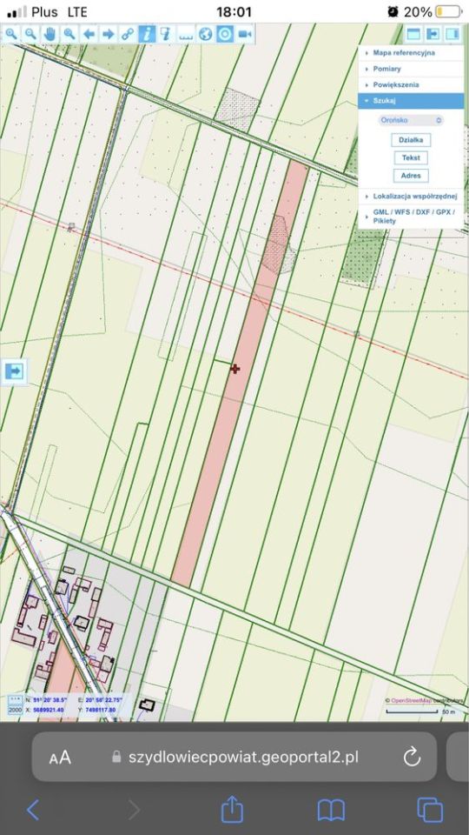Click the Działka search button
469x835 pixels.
tap(411, 140)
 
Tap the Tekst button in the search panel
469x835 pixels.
tap(411, 157)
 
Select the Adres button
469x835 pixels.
tap(411, 176)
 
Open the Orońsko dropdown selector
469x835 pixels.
tap(411, 120)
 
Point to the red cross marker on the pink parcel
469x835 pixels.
tap(234, 369)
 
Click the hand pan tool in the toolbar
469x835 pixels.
tap(50, 34)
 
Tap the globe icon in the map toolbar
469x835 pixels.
tap(205, 34)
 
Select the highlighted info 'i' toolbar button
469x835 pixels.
tap(147, 34)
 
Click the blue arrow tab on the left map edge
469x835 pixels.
tap(14, 371)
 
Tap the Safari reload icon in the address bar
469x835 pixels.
tap(412, 757)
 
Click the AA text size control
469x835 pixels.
tap(60, 758)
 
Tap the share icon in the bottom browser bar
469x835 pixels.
tap(232, 811)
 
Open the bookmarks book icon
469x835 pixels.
tap(331, 811)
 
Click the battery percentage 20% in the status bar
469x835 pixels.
tap(418, 12)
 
